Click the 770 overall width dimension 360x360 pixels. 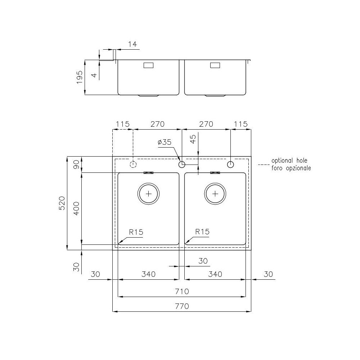tap(182, 307)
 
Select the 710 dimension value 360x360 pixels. tap(182, 291)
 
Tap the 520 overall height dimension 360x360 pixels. tap(62, 203)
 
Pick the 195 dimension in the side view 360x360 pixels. tap(80, 77)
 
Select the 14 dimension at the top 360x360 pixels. tap(132, 44)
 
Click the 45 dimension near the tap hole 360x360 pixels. tap(193, 139)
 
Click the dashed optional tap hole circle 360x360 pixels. tap(133, 165)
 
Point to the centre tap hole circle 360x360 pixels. tap(182, 165)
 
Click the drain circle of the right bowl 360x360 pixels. tap(215, 193)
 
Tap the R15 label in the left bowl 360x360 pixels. tap(136, 232)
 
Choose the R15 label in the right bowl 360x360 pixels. tap(202, 232)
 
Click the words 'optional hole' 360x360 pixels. tap(289, 161)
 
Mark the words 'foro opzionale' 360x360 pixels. tap(291, 168)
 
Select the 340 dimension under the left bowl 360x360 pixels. tap(148, 274)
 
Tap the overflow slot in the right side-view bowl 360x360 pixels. tap(215, 66)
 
